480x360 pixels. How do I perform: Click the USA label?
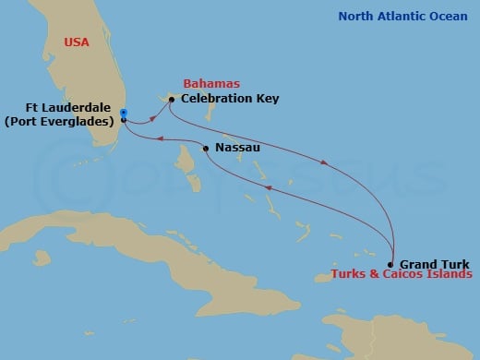(77, 43)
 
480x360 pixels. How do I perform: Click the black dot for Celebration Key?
(172, 98)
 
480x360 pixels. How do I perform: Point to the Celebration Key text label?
(230, 98)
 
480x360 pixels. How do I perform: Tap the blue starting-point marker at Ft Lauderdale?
(124, 114)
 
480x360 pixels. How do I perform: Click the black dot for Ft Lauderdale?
(124, 120)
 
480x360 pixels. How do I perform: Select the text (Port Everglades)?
(66, 121)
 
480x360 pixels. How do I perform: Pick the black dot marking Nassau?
(204, 148)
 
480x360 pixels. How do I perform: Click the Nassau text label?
(234, 148)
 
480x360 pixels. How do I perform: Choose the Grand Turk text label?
(431, 264)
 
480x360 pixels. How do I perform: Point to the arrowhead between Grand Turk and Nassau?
(268, 187)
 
